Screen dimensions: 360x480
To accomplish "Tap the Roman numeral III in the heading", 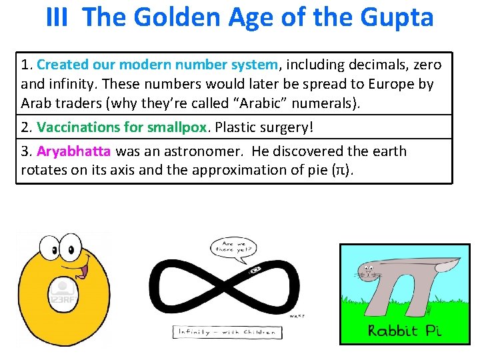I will click(57, 17).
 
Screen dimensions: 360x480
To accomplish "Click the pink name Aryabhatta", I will click(74, 151).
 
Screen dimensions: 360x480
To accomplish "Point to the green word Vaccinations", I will click(77, 127).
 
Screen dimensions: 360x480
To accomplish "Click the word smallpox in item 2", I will click(179, 127).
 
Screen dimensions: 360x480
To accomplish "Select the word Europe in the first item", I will click(383, 85).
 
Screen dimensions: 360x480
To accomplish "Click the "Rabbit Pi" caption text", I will click(405, 330).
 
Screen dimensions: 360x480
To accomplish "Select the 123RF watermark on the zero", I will click(62, 293).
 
